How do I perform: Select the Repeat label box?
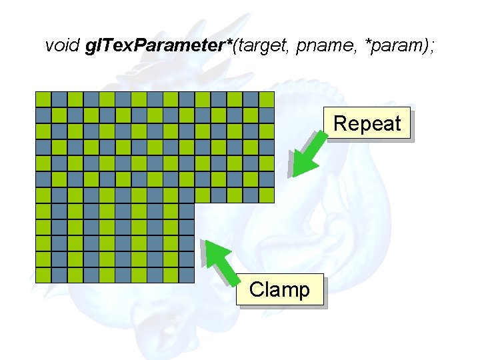pyautogui.click(x=367, y=123)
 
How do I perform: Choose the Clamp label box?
pyautogui.click(x=279, y=290)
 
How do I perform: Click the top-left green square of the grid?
pyautogui.click(x=43, y=99)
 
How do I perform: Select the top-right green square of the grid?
pyautogui.click(x=267, y=99)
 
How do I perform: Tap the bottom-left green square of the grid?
pyautogui.click(x=43, y=275)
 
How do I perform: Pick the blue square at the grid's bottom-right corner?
pyautogui.click(x=187, y=275)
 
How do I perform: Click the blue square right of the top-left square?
pyautogui.click(x=59, y=99)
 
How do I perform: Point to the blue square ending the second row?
pyautogui.click(x=267, y=115)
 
